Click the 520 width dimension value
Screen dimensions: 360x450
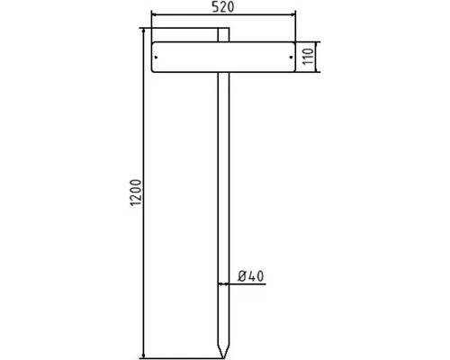click(x=222, y=8)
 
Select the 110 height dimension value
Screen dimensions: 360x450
click(x=307, y=56)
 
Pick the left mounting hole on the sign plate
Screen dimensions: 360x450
click(x=157, y=56)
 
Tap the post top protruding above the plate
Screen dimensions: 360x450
click(x=223, y=35)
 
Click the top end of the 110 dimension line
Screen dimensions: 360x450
click(x=315, y=41)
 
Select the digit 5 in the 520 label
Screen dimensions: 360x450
click(x=216, y=8)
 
